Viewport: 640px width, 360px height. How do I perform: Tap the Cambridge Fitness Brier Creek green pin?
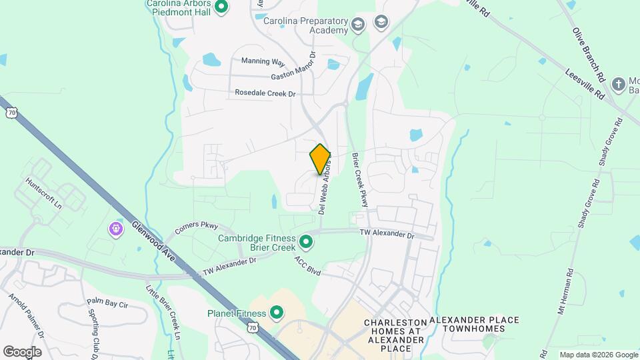tap(306, 241)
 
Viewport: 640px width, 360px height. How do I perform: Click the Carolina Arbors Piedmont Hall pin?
tap(222, 7)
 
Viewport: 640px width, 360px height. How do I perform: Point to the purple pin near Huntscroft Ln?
tap(117, 229)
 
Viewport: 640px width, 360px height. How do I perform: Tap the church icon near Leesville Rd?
tap(618, 85)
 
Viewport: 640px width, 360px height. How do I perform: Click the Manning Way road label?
tap(263, 61)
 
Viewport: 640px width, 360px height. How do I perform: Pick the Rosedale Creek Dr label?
tap(265, 94)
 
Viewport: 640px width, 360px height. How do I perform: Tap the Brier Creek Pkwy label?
tap(360, 179)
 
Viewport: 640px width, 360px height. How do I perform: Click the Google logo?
tap(22, 351)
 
